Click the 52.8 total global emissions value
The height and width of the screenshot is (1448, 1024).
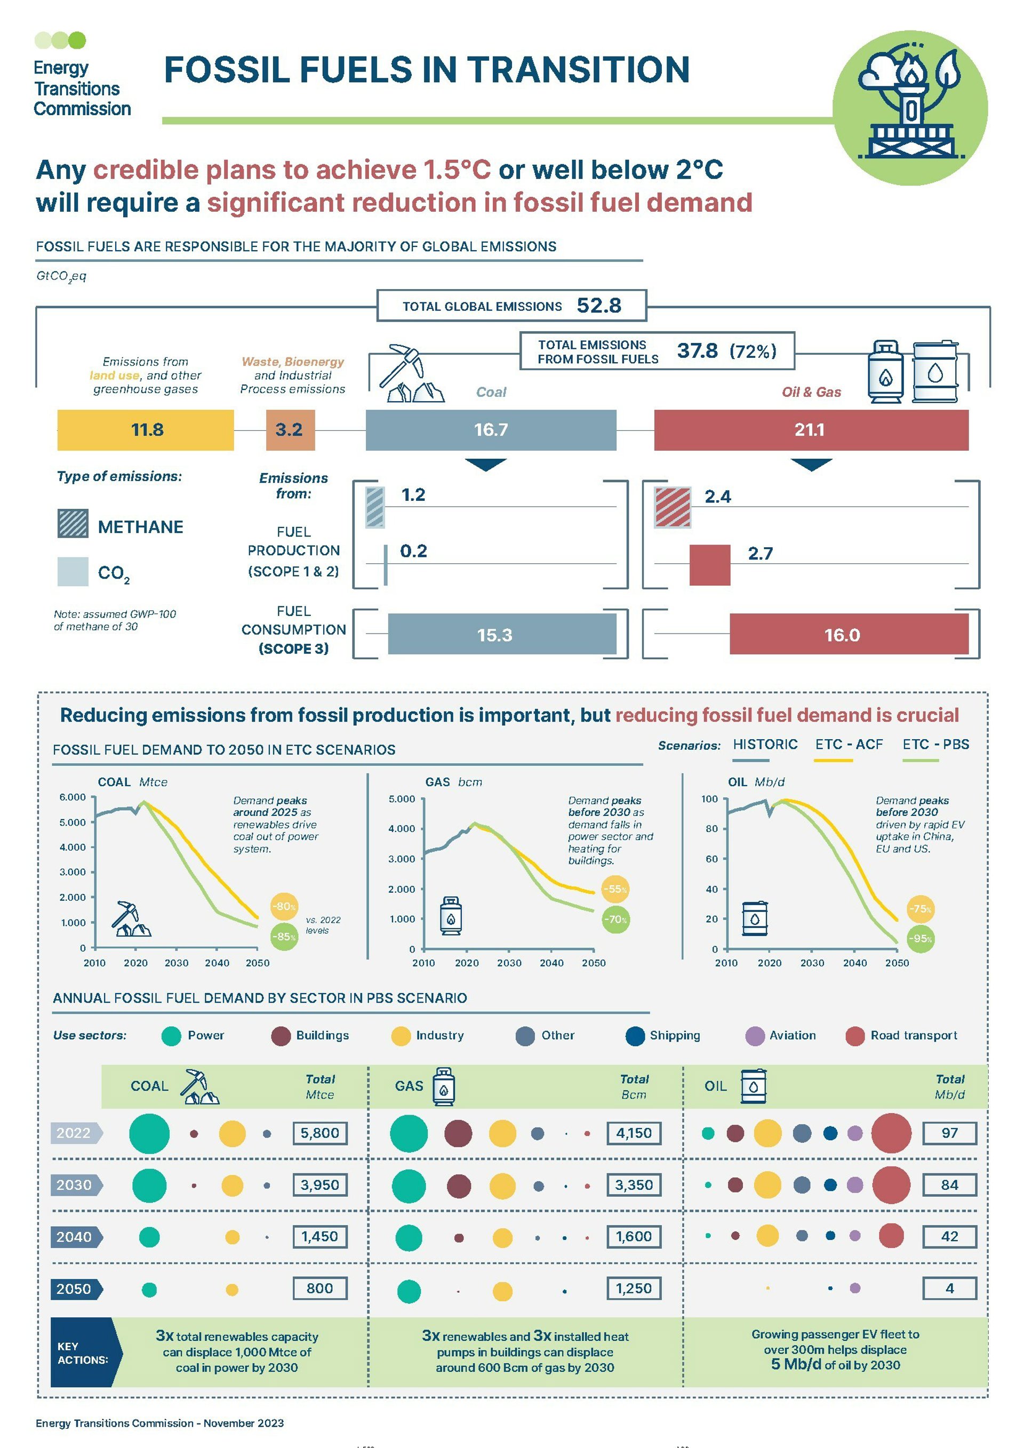point(598,306)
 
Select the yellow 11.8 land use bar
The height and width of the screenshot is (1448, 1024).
point(146,430)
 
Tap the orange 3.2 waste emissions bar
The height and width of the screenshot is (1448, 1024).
point(290,430)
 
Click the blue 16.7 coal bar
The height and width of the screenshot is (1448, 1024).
point(491,430)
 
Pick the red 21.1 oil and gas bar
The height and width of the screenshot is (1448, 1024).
point(811,430)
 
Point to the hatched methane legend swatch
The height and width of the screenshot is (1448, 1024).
point(73,523)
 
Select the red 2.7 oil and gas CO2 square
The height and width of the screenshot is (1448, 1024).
point(709,565)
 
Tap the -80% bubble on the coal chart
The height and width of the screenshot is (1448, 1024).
point(284,906)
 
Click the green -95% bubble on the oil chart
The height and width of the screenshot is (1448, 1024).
point(920,939)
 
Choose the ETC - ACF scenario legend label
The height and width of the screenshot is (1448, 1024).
point(848,745)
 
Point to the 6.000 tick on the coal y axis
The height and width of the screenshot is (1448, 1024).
point(73,797)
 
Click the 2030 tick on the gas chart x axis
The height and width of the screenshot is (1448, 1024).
point(509,963)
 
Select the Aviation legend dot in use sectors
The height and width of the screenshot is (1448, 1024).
point(755,1036)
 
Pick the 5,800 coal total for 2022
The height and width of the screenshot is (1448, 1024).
point(319,1133)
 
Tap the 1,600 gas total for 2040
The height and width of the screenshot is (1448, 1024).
point(634,1237)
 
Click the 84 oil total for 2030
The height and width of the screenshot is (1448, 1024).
point(949,1185)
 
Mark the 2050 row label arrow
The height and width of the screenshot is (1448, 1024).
point(76,1289)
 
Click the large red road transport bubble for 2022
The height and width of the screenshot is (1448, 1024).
point(891,1133)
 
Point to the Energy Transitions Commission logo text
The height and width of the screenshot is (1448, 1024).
point(82,89)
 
